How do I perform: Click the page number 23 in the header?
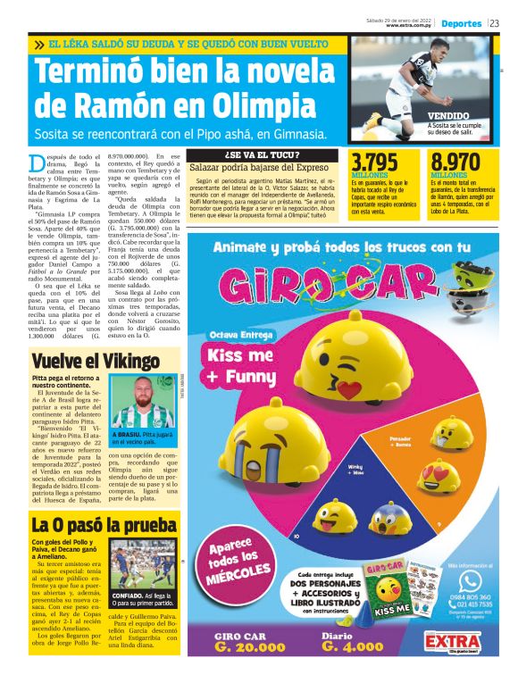(494, 23)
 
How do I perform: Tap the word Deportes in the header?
(462, 23)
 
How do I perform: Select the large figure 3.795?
(374, 162)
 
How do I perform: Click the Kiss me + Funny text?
(238, 363)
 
